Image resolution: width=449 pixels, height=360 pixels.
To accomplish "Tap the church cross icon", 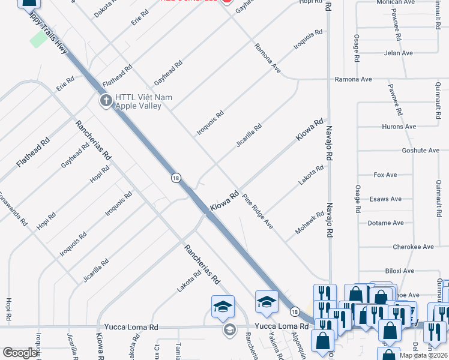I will point(106,100).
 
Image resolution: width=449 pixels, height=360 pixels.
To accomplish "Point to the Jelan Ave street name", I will point(399,53).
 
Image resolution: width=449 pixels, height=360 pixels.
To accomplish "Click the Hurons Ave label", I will point(399,127).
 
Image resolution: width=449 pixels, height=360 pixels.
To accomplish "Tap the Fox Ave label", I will point(385,175).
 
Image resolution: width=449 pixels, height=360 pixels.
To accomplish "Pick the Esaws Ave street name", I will point(385,199).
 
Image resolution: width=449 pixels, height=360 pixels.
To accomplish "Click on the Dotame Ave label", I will point(385,223).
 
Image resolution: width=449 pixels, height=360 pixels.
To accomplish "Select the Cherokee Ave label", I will point(413,247).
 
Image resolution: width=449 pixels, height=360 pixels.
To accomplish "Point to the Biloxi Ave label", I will point(400,271).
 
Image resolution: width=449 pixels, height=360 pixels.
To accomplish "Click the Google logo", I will point(20,353).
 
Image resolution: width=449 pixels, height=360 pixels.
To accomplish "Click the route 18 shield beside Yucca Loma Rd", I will point(294,311).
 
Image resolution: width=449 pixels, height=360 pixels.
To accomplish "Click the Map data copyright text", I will point(422,355).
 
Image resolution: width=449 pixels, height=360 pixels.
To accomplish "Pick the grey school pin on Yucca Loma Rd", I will point(229,329).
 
